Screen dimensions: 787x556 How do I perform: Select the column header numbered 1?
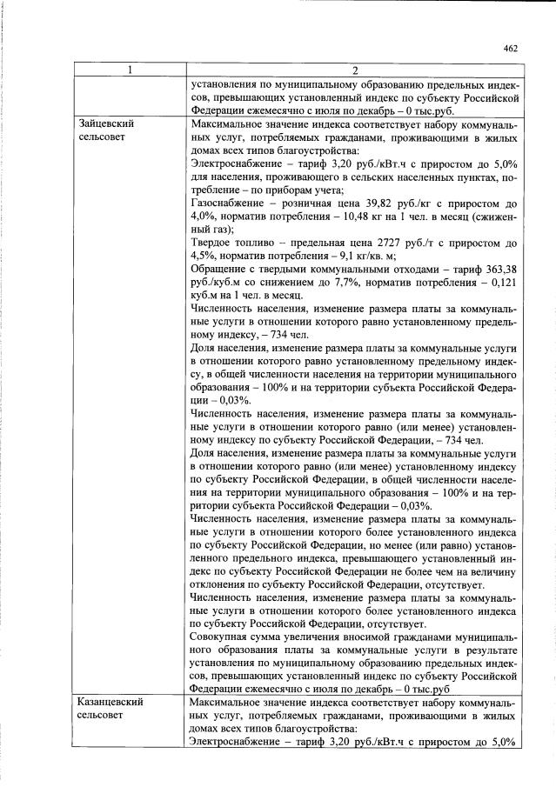tap(130, 70)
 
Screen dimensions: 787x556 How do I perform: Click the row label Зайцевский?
tap(107, 123)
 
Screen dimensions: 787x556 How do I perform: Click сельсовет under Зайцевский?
tap(102, 137)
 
